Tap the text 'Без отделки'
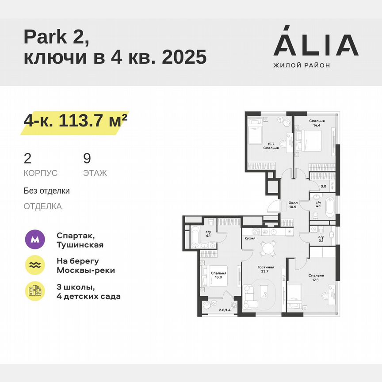47,191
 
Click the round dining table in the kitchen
267,249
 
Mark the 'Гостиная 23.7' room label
266,270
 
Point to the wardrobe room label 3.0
323,186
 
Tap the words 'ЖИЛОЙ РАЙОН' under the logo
302,65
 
